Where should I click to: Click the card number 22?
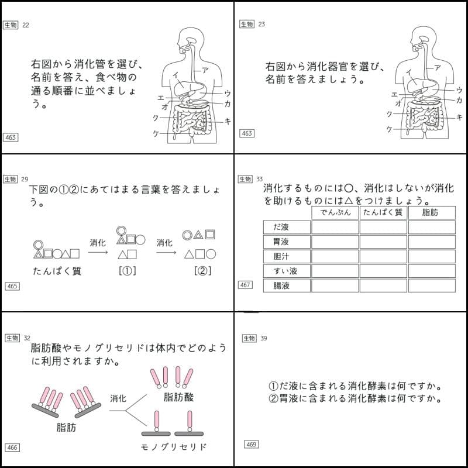tap(26, 25)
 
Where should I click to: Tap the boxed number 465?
tap(12, 286)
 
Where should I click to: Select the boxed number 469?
tap(251, 445)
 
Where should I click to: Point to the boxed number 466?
tap(12, 448)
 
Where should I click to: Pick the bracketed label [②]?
tap(202, 271)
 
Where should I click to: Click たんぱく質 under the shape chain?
tap(57, 271)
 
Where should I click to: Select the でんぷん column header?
tap(335, 212)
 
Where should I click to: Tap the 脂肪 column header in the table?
tap(431, 212)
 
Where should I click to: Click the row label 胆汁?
tap(287, 256)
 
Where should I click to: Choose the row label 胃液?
tap(287, 242)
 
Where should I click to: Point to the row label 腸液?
tap(287, 285)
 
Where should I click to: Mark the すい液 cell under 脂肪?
tap(431, 271)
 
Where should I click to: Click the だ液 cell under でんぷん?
tap(335, 227)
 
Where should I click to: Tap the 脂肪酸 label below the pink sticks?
tap(178, 398)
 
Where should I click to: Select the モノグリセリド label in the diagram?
tap(174, 448)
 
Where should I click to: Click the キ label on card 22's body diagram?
tap(227, 121)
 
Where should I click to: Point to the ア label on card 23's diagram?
tap(438, 68)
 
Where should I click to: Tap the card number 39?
tap(264, 338)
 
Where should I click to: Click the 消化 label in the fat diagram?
tap(118, 398)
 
